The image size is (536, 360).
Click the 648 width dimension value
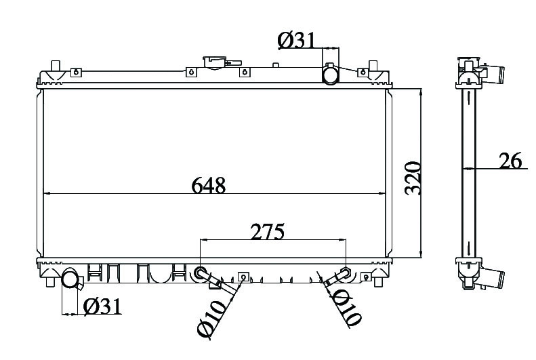(x=209, y=186)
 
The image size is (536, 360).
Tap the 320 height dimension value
(x=413, y=178)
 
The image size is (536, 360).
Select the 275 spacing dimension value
(x=267, y=232)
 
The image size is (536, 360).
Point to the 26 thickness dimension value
(x=510, y=161)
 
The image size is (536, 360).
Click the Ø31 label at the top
(x=295, y=41)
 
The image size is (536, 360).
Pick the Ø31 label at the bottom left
(x=102, y=306)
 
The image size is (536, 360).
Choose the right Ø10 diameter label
(x=346, y=309)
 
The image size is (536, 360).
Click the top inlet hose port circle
(x=331, y=75)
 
